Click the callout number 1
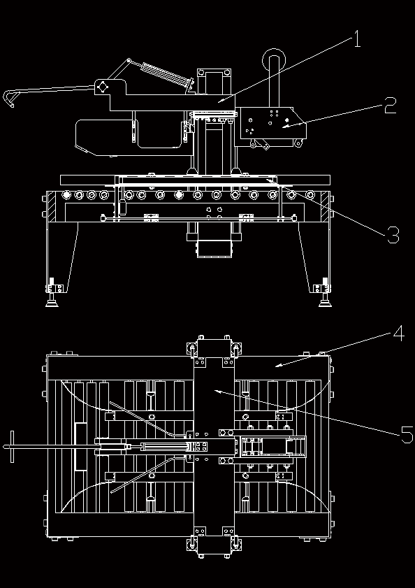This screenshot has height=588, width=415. click(x=357, y=39)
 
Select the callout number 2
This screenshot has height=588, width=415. click(x=391, y=106)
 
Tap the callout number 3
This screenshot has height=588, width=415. click(x=393, y=235)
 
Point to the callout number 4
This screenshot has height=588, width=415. click(x=398, y=334)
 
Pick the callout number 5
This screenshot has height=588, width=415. click(x=407, y=435)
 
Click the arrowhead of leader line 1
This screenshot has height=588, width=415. click(x=221, y=100)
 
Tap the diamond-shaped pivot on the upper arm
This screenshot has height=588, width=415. click(x=102, y=87)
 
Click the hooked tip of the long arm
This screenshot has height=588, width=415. click(x=8, y=99)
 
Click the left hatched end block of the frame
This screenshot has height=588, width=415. click(x=51, y=206)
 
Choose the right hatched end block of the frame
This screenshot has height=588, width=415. click(x=326, y=206)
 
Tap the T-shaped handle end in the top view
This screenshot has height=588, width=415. click(x=12, y=447)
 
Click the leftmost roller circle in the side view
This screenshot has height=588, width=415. click(x=66, y=194)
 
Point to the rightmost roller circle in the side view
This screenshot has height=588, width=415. click(x=310, y=194)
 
